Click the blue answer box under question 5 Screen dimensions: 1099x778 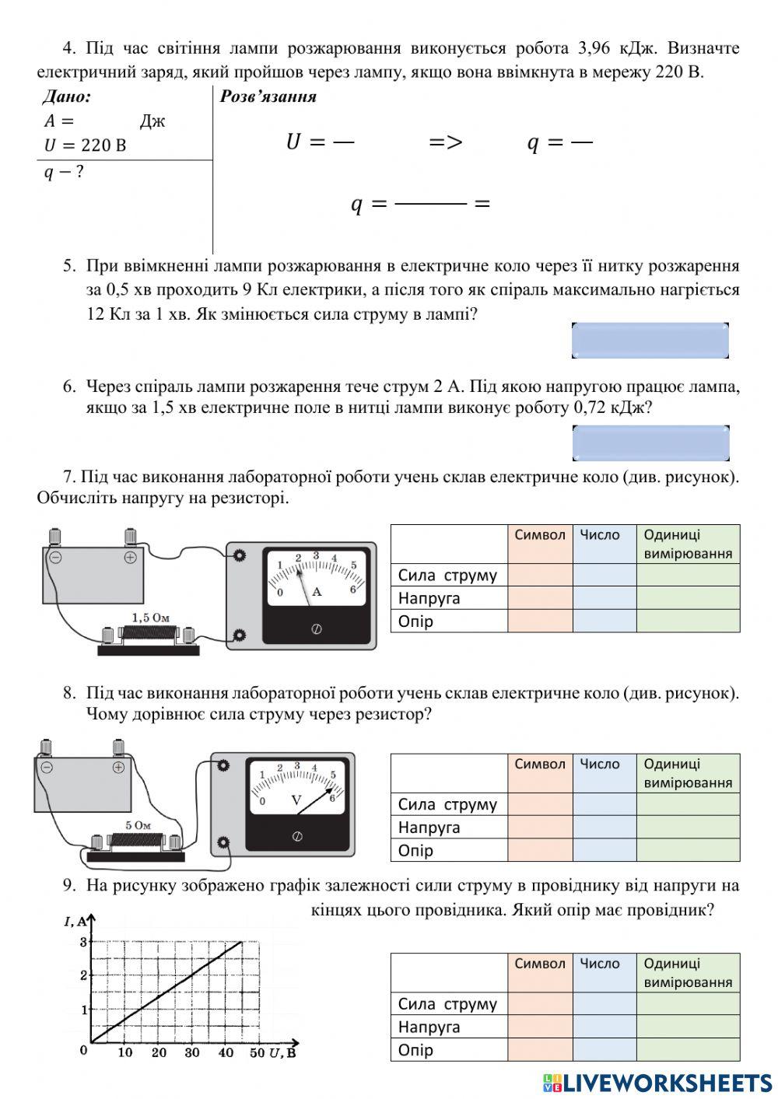[650, 341]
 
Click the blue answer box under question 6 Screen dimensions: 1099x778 [650, 443]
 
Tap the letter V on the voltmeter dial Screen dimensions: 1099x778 [296, 800]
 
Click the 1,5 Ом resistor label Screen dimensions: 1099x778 [150, 618]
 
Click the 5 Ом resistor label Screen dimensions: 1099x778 [138, 825]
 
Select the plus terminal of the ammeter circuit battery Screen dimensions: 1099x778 [130, 557]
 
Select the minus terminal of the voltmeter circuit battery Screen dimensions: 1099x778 [47, 767]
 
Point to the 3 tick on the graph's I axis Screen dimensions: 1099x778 [84, 942]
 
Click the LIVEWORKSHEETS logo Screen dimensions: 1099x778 [657, 1082]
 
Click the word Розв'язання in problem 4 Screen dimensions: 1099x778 [268, 97]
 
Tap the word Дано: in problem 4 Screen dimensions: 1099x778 [67, 97]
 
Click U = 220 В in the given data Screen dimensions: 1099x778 [85, 145]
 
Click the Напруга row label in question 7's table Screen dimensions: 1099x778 [429, 598]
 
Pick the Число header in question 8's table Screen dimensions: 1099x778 [600, 764]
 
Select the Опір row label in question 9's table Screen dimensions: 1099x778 [415, 1050]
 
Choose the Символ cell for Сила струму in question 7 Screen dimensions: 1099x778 [540, 576]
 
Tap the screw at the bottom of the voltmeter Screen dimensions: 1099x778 [296, 836]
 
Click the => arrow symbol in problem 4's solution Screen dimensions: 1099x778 [446, 142]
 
